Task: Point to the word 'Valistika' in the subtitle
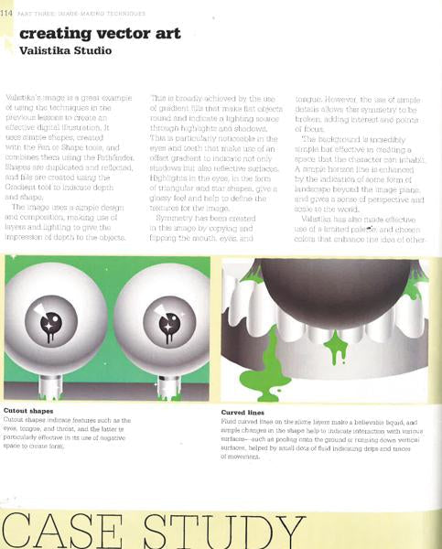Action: (x=46, y=51)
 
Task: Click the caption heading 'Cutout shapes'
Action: (x=28, y=411)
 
